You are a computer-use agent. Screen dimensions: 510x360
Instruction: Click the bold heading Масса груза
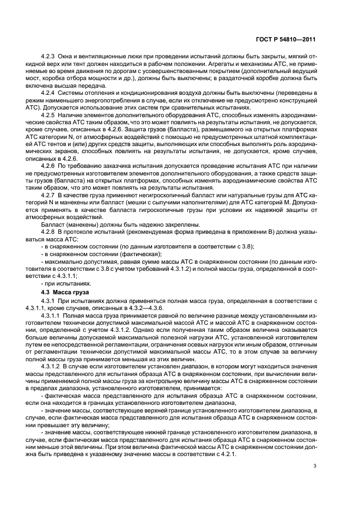[x=68, y=293]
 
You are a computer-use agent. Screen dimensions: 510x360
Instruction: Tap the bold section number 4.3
[x=47, y=293]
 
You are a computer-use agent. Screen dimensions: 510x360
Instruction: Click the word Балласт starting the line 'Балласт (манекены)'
[x=54, y=225]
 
